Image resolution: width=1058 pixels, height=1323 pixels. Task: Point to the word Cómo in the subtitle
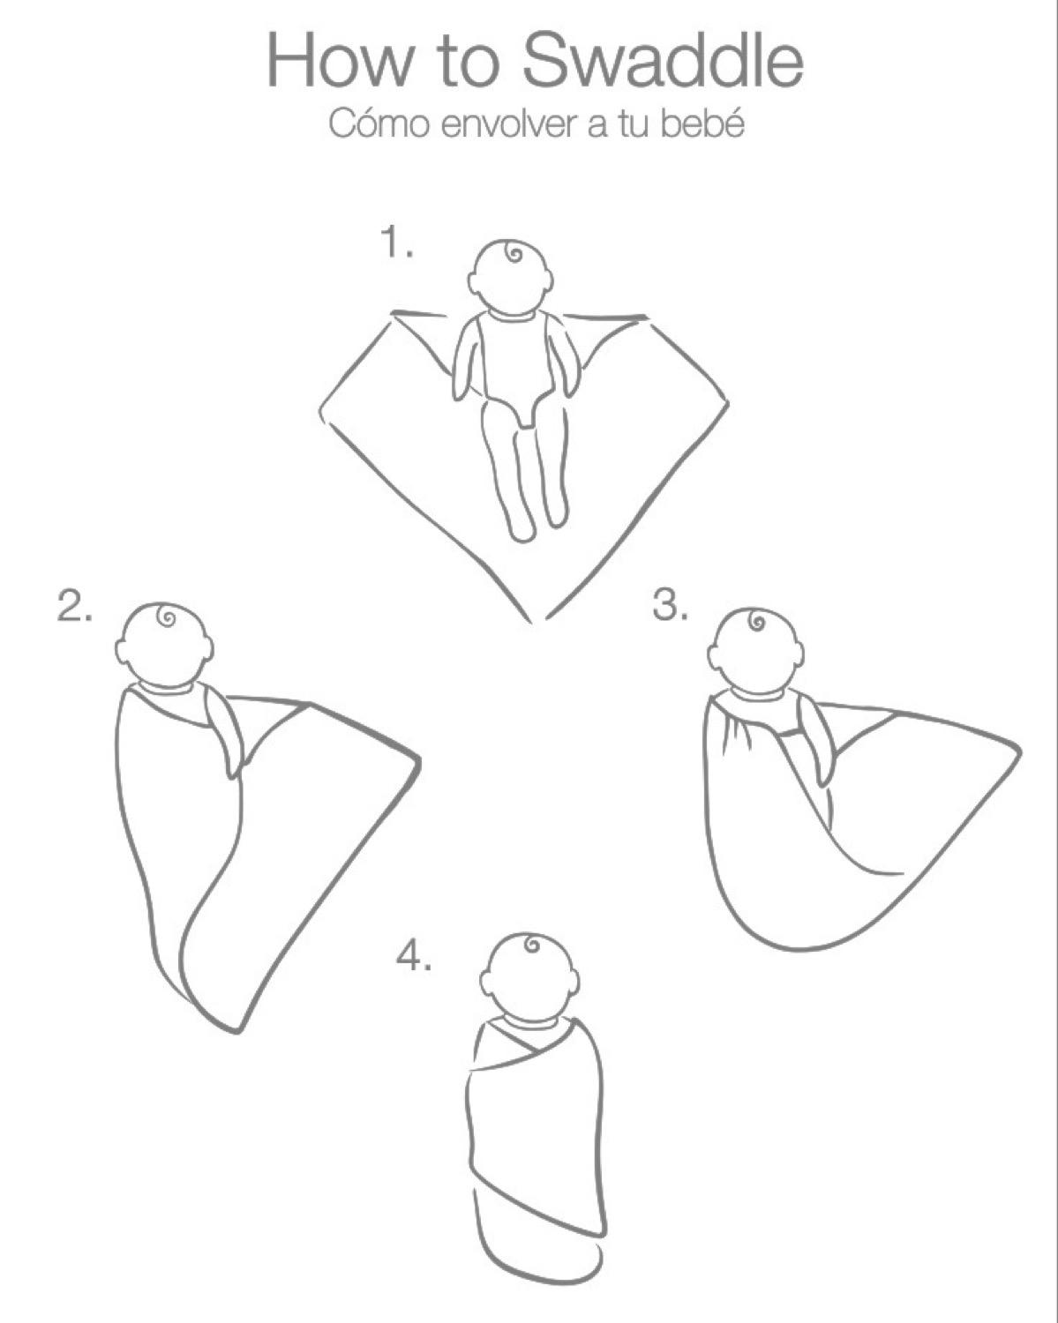pos(379,124)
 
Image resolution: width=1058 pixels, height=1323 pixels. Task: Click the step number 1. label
pos(396,243)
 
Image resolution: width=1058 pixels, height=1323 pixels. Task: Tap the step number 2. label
pos(75,607)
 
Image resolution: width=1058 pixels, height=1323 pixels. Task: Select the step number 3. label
pos(670,606)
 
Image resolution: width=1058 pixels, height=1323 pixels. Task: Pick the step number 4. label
pos(413,956)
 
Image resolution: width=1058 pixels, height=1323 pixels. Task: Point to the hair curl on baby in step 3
pos(756,623)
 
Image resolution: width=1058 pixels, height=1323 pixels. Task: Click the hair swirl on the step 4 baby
pos(531,946)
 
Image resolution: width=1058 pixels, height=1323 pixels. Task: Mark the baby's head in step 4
pos(529,975)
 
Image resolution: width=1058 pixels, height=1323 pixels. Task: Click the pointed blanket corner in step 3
pos(1017,752)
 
